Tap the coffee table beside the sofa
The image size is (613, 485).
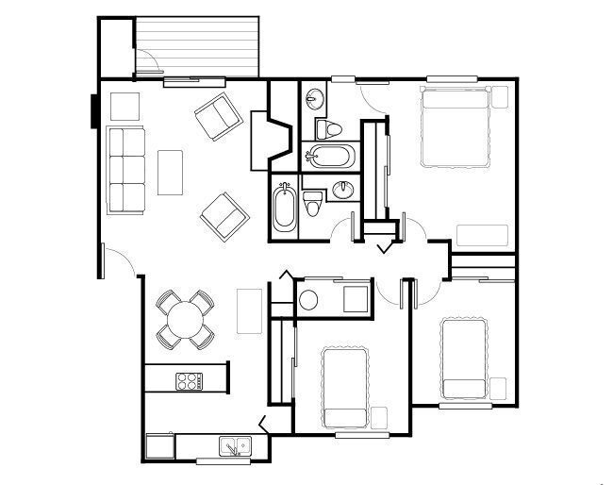click(x=170, y=172)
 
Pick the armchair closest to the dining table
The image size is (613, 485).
click(x=224, y=216)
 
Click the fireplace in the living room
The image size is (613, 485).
click(x=269, y=142)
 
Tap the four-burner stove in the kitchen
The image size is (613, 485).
click(x=189, y=381)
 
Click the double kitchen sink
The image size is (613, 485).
click(x=234, y=445)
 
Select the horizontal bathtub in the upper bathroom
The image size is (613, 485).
click(x=329, y=156)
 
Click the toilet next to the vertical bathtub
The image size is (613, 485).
click(x=313, y=203)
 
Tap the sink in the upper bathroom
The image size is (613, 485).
click(x=315, y=97)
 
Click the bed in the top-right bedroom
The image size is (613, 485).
click(x=457, y=127)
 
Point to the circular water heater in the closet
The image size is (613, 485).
click(x=308, y=301)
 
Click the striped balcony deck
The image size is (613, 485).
click(x=197, y=46)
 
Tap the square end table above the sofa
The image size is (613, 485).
click(x=124, y=105)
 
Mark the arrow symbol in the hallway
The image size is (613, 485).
click(x=383, y=247)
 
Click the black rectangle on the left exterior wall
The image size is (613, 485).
click(x=94, y=110)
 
